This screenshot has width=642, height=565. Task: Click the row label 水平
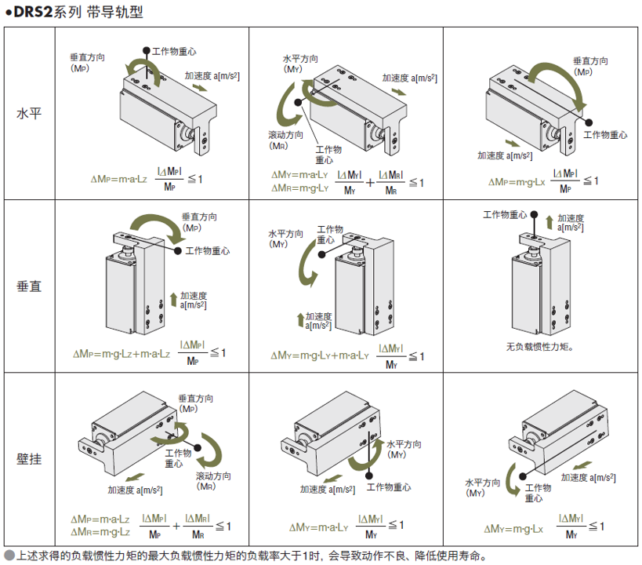[x=30, y=113]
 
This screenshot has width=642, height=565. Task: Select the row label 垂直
[x=30, y=286]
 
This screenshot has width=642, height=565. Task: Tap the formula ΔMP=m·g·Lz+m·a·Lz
[x=122, y=354]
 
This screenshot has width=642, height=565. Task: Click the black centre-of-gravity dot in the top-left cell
[x=147, y=50]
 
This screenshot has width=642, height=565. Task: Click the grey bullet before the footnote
[x=9, y=556]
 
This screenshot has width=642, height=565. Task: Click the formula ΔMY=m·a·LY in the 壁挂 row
[x=318, y=527]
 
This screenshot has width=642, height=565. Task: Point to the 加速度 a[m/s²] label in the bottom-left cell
[x=135, y=490]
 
